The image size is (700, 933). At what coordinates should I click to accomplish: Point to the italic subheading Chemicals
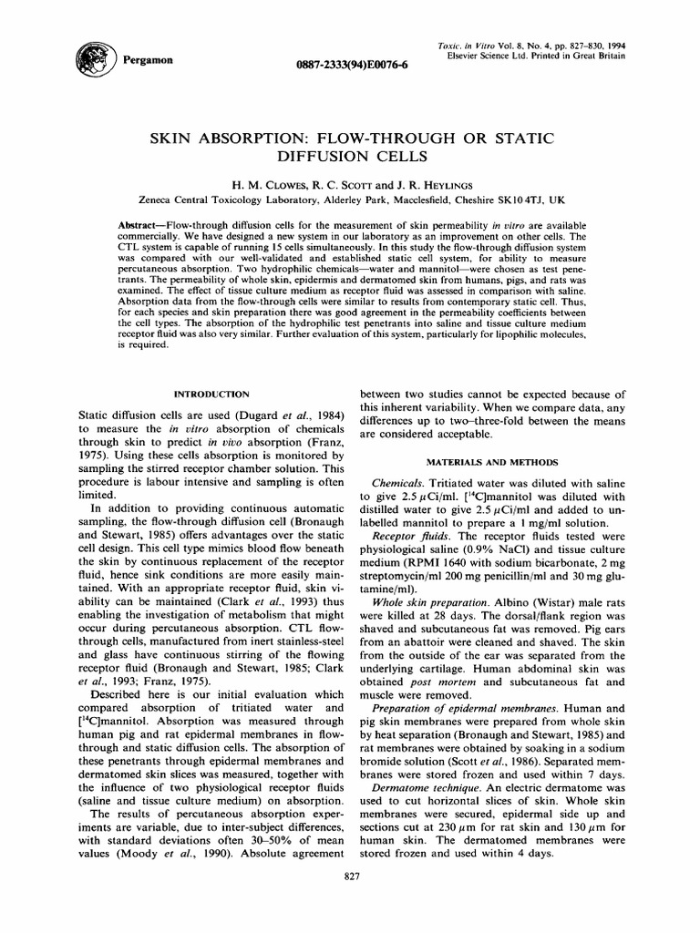point(399,482)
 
